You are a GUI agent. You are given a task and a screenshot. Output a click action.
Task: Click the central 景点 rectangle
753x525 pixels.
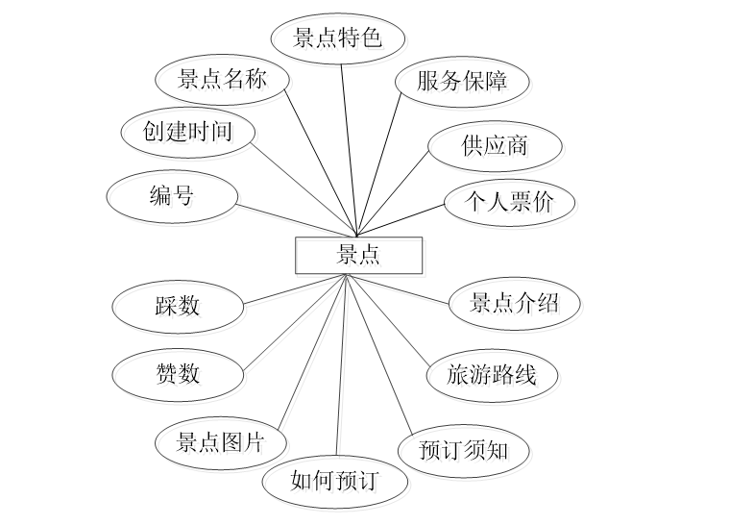click(357, 255)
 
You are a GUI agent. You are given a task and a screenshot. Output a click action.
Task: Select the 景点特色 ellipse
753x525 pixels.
click(337, 38)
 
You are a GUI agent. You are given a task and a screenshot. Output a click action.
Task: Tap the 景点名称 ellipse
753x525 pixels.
click(222, 81)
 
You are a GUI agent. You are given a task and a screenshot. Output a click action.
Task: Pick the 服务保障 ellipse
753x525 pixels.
click(461, 81)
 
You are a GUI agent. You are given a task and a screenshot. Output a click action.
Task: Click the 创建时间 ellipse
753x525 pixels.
click(189, 131)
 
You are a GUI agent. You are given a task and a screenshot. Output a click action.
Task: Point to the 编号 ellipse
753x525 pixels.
click(172, 196)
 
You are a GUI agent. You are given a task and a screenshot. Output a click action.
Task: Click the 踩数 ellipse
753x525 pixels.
click(177, 306)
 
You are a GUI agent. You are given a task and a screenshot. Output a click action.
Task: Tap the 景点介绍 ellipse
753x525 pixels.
click(514, 304)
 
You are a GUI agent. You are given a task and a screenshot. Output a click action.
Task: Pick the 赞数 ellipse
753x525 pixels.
click(177, 372)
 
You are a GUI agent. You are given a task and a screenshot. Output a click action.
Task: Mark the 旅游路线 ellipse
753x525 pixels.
click(491, 374)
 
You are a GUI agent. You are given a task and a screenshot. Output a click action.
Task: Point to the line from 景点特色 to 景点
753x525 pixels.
click(350, 144)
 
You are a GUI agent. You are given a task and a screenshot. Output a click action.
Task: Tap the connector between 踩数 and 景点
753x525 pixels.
click(293, 289)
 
